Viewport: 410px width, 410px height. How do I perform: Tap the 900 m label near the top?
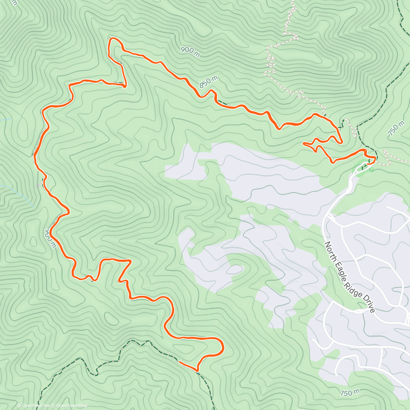point(190,51)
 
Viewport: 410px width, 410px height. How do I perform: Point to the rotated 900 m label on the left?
point(50,238)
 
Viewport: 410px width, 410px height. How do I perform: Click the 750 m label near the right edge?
point(393,129)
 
